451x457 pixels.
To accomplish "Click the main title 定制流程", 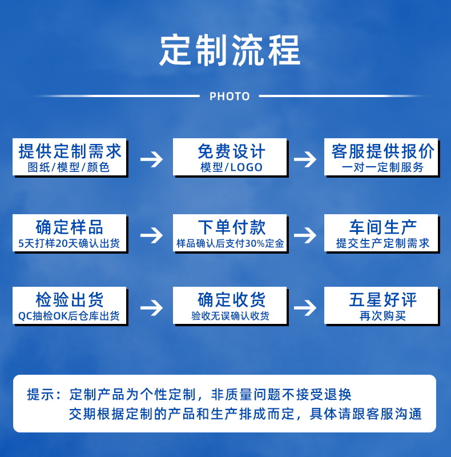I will tap(229, 51).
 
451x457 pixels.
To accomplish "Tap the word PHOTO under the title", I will tap(229, 97).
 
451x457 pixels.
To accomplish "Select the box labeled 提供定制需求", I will tap(70, 157).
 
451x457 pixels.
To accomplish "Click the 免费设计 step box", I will tap(230, 157).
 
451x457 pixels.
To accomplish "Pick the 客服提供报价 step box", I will tap(381, 157).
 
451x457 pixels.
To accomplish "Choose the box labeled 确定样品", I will tap(70, 232).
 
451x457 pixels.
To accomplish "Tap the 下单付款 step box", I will tap(230, 232).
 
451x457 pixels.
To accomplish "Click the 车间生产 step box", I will tap(381, 232).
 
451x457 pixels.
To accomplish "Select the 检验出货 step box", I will tap(70, 306).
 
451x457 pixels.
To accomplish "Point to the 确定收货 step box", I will tap(230, 306).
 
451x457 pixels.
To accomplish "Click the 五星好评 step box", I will tap(381, 306).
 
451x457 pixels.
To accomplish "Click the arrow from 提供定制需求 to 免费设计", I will tap(151, 159).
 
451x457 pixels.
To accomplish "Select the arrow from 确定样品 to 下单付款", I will tap(151, 234).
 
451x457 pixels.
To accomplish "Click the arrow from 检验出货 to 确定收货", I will tap(151, 307).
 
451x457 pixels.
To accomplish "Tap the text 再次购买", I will tap(382, 316).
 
